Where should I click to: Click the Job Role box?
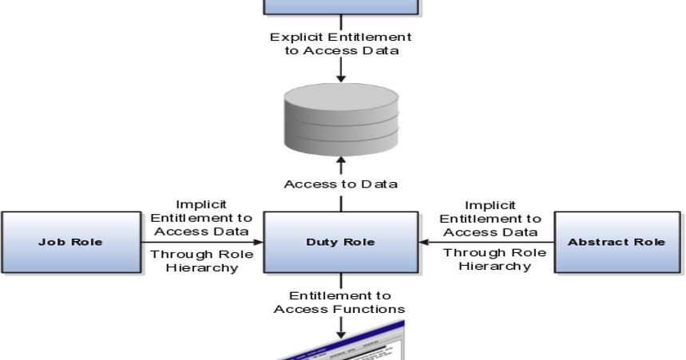(x=71, y=243)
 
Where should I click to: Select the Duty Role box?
(x=340, y=243)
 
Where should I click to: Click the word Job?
(x=50, y=242)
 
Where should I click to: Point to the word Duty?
(x=321, y=242)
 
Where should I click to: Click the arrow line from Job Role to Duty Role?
(x=204, y=242)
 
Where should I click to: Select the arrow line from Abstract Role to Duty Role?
(x=487, y=242)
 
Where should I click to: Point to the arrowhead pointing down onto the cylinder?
(x=341, y=77)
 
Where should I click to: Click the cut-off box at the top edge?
(x=341, y=7)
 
